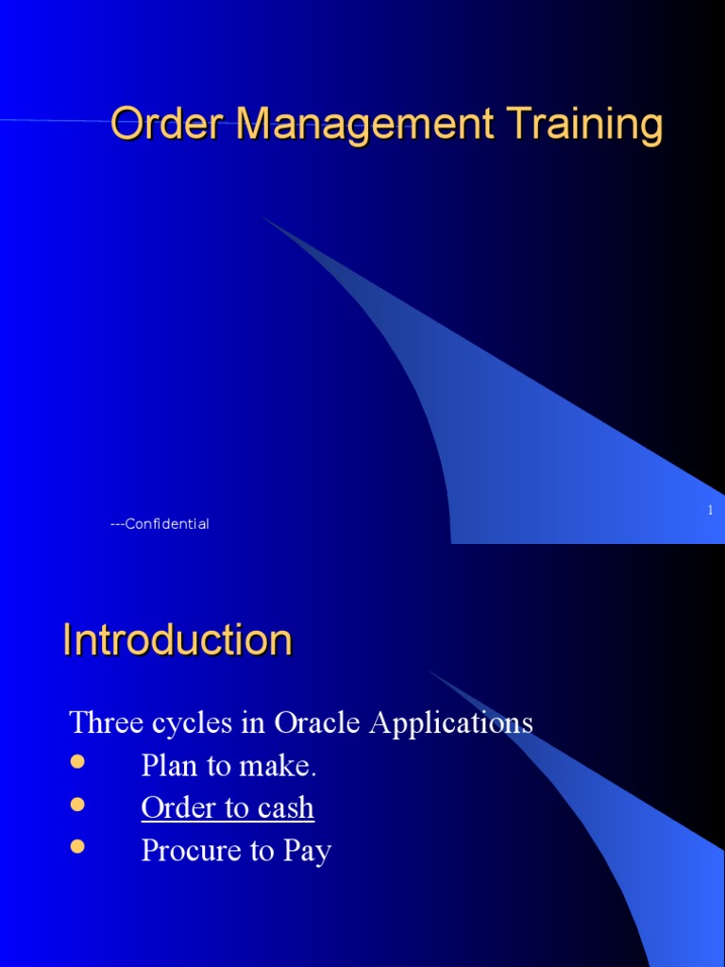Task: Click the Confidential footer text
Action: [160, 524]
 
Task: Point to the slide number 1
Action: [709, 510]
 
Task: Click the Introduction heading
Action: [177, 640]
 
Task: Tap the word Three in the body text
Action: [101, 723]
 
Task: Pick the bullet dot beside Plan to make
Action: [77, 761]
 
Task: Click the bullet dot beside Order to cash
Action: [77, 804]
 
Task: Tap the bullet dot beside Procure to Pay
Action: [77, 846]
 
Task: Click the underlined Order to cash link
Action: [228, 808]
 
